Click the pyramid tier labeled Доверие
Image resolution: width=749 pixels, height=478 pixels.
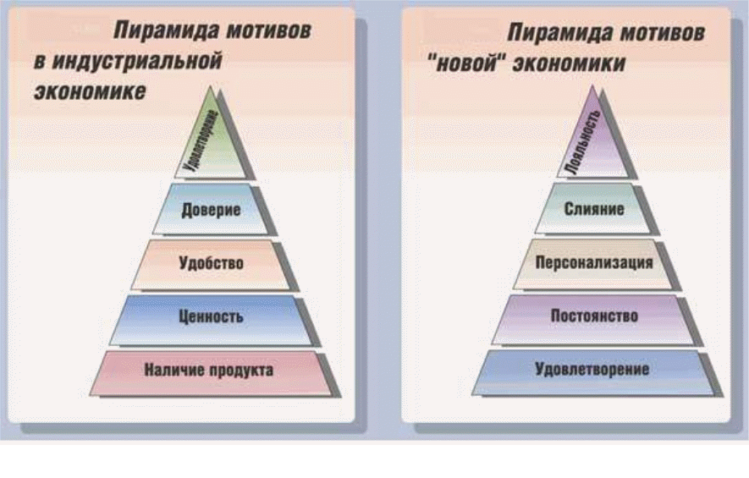(x=212, y=209)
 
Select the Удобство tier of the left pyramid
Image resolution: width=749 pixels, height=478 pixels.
(x=212, y=263)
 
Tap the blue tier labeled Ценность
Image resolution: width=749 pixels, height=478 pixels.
(x=212, y=318)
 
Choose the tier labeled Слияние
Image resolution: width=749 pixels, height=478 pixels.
(x=594, y=208)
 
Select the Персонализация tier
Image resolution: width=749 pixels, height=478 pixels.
(x=594, y=261)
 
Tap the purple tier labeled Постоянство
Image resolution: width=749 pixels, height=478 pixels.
(x=594, y=316)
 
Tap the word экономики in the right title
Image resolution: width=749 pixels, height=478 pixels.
(x=566, y=64)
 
